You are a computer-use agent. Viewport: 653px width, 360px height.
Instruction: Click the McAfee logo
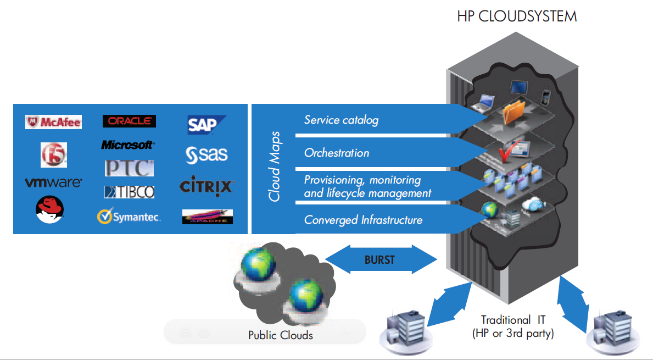coord(53,122)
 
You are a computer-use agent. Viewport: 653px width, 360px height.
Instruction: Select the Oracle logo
coord(129,121)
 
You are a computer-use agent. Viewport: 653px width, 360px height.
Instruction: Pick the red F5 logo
coord(53,154)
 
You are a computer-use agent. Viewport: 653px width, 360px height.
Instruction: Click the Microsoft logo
coord(127,145)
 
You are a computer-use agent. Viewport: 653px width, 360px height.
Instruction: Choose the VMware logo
coord(53,182)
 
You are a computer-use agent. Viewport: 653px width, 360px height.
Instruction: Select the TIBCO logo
coord(129,192)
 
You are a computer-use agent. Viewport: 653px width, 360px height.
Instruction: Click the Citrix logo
coord(208,187)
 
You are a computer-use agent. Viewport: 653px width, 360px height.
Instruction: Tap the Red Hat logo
coord(50,210)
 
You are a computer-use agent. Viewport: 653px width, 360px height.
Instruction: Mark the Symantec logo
coord(129,217)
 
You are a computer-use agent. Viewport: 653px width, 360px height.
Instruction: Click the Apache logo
coord(207,217)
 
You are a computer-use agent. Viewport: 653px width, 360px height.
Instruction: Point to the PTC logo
coord(129,168)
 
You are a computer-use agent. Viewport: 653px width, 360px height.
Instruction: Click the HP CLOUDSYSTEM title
coord(517,16)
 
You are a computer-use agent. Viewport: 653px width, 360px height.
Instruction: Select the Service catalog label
coord(341,120)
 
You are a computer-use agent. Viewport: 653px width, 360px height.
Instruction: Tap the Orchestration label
coord(337,153)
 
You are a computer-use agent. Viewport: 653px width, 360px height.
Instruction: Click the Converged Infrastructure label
coord(363,220)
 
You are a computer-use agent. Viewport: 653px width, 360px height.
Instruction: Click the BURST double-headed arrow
coord(379,259)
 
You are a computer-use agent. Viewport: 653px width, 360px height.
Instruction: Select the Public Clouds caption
coord(280,335)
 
